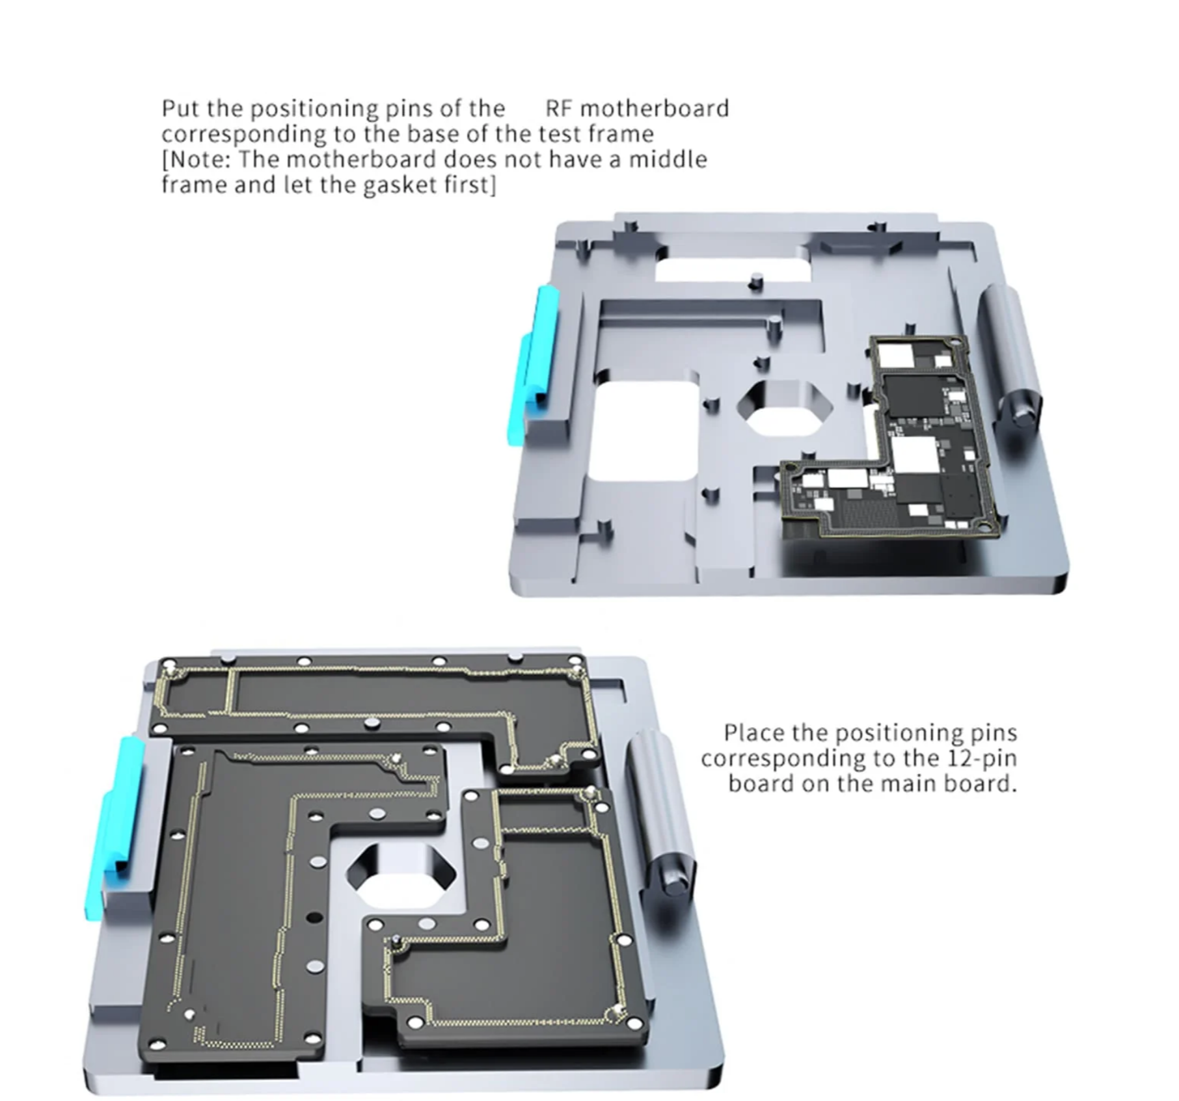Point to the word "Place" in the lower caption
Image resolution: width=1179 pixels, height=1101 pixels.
[755, 733]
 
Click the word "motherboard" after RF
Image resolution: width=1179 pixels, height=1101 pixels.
[655, 108]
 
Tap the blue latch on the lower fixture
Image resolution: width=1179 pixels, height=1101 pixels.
[115, 826]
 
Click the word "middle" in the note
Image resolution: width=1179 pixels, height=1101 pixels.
[668, 159]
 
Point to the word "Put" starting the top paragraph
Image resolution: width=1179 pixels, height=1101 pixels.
[181, 108]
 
